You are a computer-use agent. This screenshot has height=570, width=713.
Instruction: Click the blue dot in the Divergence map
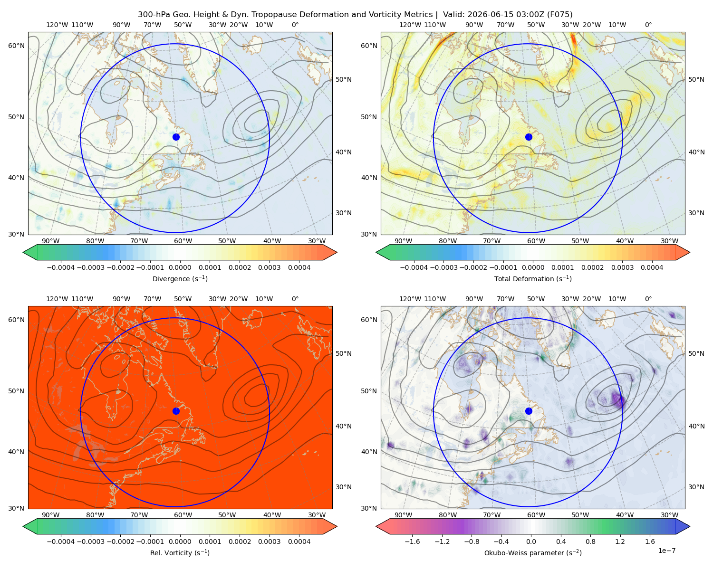pos(176,137)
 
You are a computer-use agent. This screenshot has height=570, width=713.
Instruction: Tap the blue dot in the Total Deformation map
pos(529,137)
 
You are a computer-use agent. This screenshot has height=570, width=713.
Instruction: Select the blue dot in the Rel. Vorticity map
pos(176,411)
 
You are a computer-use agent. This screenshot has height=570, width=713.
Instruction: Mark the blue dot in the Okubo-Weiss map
pos(529,411)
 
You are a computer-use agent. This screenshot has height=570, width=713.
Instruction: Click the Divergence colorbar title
pos(180,278)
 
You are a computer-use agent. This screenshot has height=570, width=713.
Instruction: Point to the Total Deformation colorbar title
pos(533,278)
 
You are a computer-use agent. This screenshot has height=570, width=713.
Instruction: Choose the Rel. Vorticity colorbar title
pos(180,552)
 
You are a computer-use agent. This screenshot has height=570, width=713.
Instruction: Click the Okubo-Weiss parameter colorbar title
pos(533,552)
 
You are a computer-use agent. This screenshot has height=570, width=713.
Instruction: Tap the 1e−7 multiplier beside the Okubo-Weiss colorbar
pos(666,551)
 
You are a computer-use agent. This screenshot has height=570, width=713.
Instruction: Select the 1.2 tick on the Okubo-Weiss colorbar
pos(620,541)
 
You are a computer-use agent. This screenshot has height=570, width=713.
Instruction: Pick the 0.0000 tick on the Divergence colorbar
pos(180,267)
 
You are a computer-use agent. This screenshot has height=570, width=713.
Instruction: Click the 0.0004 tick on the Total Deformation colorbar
pos(652,267)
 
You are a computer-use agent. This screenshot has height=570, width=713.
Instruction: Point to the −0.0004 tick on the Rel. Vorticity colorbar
pos(61,541)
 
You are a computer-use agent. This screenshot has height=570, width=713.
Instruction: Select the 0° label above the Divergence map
pos(295,25)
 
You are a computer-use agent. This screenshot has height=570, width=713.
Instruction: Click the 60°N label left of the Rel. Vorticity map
pos(16,320)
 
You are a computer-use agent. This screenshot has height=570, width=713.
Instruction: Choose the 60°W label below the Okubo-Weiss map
pos(536,515)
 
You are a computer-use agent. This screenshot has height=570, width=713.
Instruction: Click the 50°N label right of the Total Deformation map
pos(696,79)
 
